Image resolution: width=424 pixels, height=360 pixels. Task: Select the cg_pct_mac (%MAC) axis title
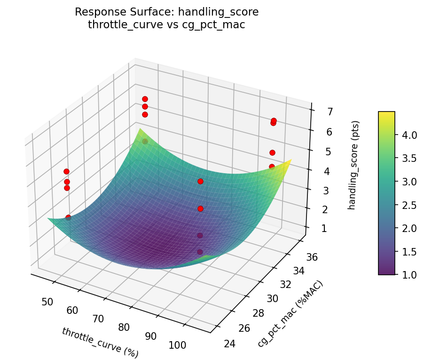(x=290, y=314)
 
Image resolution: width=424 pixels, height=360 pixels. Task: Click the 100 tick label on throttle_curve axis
(x=177, y=345)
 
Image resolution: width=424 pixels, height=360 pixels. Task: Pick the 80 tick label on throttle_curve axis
(x=124, y=327)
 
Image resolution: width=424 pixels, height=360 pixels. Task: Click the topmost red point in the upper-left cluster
(x=145, y=99)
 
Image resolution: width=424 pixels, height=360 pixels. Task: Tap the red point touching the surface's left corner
(x=68, y=217)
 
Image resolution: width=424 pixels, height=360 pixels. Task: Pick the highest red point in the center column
(x=200, y=181)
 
